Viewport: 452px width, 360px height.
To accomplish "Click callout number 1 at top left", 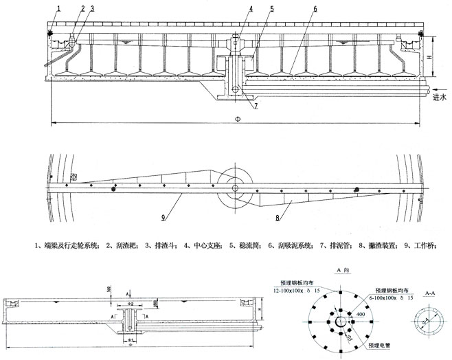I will coord(59,8).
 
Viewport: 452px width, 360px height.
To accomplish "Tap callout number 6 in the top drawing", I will coord(315,9).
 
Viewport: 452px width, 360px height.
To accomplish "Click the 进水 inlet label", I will coord(440,98).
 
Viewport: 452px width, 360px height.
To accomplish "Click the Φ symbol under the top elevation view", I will coord(238,119).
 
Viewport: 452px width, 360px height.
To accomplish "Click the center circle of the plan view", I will coord(236,188).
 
